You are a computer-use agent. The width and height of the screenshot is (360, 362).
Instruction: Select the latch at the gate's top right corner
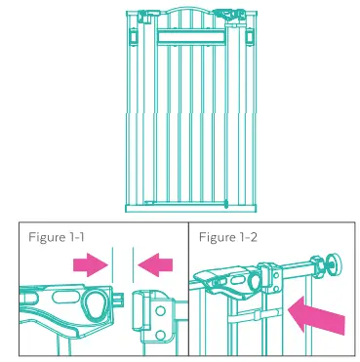[231, 17]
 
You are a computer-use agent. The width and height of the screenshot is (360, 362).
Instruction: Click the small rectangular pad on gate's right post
[249, 37]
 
